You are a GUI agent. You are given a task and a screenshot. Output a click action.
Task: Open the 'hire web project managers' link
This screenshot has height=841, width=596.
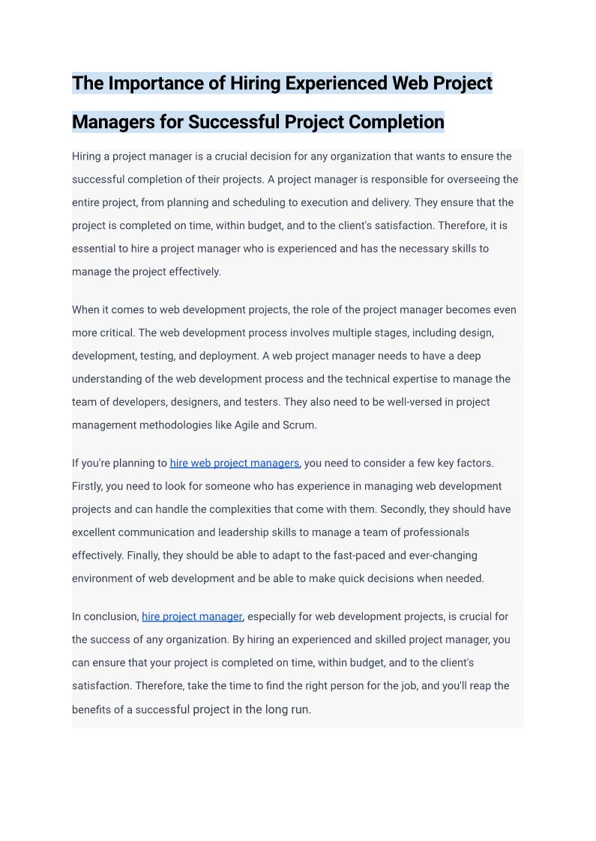tap(234, 463)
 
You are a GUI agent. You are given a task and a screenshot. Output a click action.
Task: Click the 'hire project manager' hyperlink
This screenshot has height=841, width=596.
tap(192, 616)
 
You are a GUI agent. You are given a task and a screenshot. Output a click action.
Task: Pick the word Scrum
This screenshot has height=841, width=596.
tap(300, 425)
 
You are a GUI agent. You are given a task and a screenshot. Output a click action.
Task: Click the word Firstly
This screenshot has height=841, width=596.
tap(87, 486)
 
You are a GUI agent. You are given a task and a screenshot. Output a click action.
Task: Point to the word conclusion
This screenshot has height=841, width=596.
tap(112, 616)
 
